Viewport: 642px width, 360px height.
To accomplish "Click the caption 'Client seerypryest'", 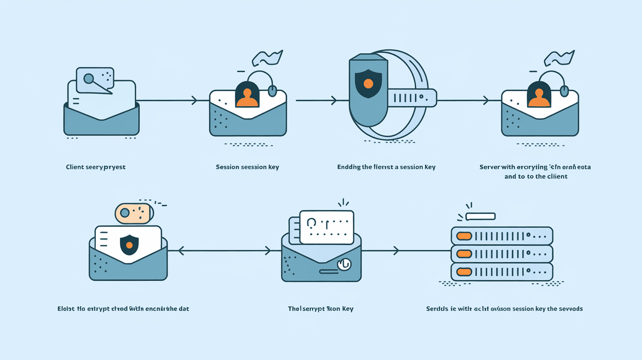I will pyautogui.click(x=95, y=167).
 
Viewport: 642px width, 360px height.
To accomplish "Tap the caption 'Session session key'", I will pyautogui.click(x=247, y=167).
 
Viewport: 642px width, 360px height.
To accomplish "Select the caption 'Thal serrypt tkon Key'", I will pyautogui.click(x=321, y=309).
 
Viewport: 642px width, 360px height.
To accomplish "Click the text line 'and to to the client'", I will pyautogui.click(x=536, y=176).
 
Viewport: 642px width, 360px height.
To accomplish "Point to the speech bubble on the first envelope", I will pyautogui.click(x=95, y=79).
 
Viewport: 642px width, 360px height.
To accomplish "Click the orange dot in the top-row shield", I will pyautogui.click(x=368, y=84).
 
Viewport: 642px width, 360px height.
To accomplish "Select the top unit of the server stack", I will pyautogui.click(x=502, y=236).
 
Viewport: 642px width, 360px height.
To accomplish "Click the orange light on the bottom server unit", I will pyautogui.click(x=463, y=271).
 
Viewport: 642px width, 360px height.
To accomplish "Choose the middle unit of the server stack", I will pyautogui.click(x=502, y=254).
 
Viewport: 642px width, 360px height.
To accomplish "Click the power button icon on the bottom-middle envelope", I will pyautogui.click(x=344, y=264).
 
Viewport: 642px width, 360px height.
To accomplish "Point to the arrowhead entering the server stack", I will pyautogui.click(x=395, y=251).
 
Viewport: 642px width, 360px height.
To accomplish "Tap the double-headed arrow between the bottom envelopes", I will pyautogui.click(x=224, y=251).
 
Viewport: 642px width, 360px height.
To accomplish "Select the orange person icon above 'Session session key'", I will pyautogui.click(x=247, y=97).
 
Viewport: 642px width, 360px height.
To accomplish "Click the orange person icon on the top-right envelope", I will pyautogui.click(x=539, y=97).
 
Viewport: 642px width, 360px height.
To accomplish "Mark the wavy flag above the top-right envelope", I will pyautogui.click(x=559, y=58).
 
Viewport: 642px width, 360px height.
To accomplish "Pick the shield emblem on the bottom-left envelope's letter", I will pyautogui.click(x=129, y=245).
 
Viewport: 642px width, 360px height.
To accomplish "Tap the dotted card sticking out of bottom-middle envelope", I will pyautogui.click(x=326, y=227).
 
